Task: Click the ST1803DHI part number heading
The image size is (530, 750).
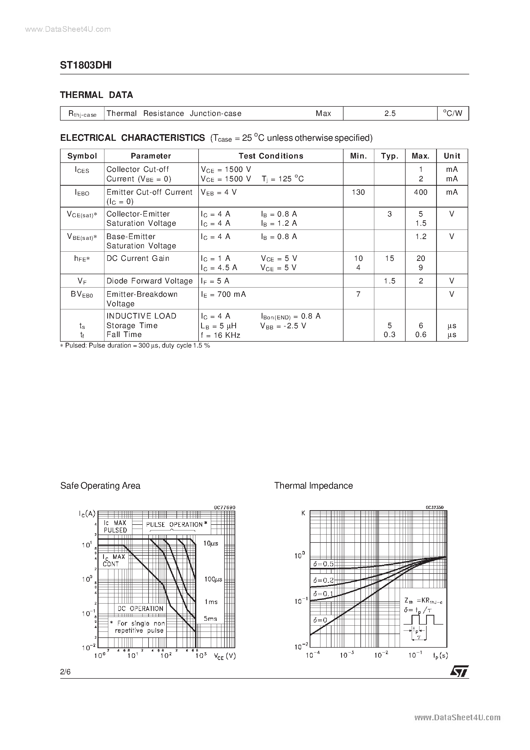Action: pyautogui.click(x=86, y=65)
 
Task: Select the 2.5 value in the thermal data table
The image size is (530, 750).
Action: pyautogui.click(x=390, y=113)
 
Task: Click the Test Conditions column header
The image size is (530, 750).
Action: pyautogui.click(x=271, y=156)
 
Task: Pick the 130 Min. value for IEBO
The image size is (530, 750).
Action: pyautogui.click(x=358, y=192)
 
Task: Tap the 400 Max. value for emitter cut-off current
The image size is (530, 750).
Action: pyautogui.click(x=420, y=192)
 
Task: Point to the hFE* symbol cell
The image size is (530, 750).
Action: pyautogui.click(x=82, y=259)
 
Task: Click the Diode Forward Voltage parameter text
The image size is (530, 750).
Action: pyautogui.click(x=149, y=281)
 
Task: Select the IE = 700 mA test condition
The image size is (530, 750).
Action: pyautogui.click(x=223, y=294)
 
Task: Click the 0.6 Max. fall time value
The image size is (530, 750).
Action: pyautogui.click(x=420, y=334)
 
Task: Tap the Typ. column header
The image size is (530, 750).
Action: pyautogui.click(x=389, y=156)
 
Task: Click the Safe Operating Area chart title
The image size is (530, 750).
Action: pyautogui.click(x=100, y=486)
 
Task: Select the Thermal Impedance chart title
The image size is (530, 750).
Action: pyautogui.click(x=313, y=486)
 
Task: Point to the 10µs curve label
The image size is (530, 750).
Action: pyautogui.click(x=210, y=544)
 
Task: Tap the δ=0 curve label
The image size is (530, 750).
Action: pyautogui.click(x=320, y=620)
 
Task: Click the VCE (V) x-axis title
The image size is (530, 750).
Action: pyautogui.click(x=224, y=656)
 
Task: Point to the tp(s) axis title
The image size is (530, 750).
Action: pyautogui.click(x=440, y=655)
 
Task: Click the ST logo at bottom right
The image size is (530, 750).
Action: pyautogui.click(x=459, y=671)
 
